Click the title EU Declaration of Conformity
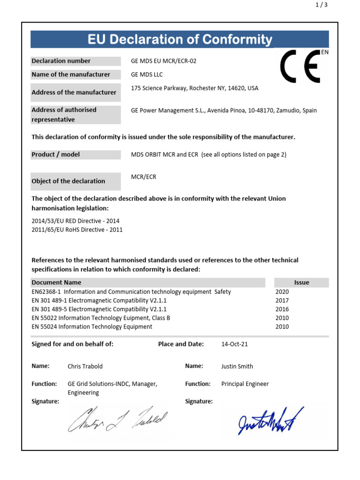tap(180, 40)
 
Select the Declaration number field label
tap(61, 61)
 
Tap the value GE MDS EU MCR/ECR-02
tap(166, 61)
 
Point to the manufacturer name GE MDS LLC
tap(147, 75)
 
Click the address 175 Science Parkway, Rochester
tap(195, 88)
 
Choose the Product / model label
tap(55, 155)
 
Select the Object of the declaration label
tap(68, 181)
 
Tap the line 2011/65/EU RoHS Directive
tap(77, 230)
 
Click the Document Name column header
tap(56, 283)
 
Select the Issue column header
tap(301, 283)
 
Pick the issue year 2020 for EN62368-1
tap(283, 292)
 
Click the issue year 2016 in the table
tap(283, 309)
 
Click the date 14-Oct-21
tap(235, 344)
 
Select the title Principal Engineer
tap(245, 384)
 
